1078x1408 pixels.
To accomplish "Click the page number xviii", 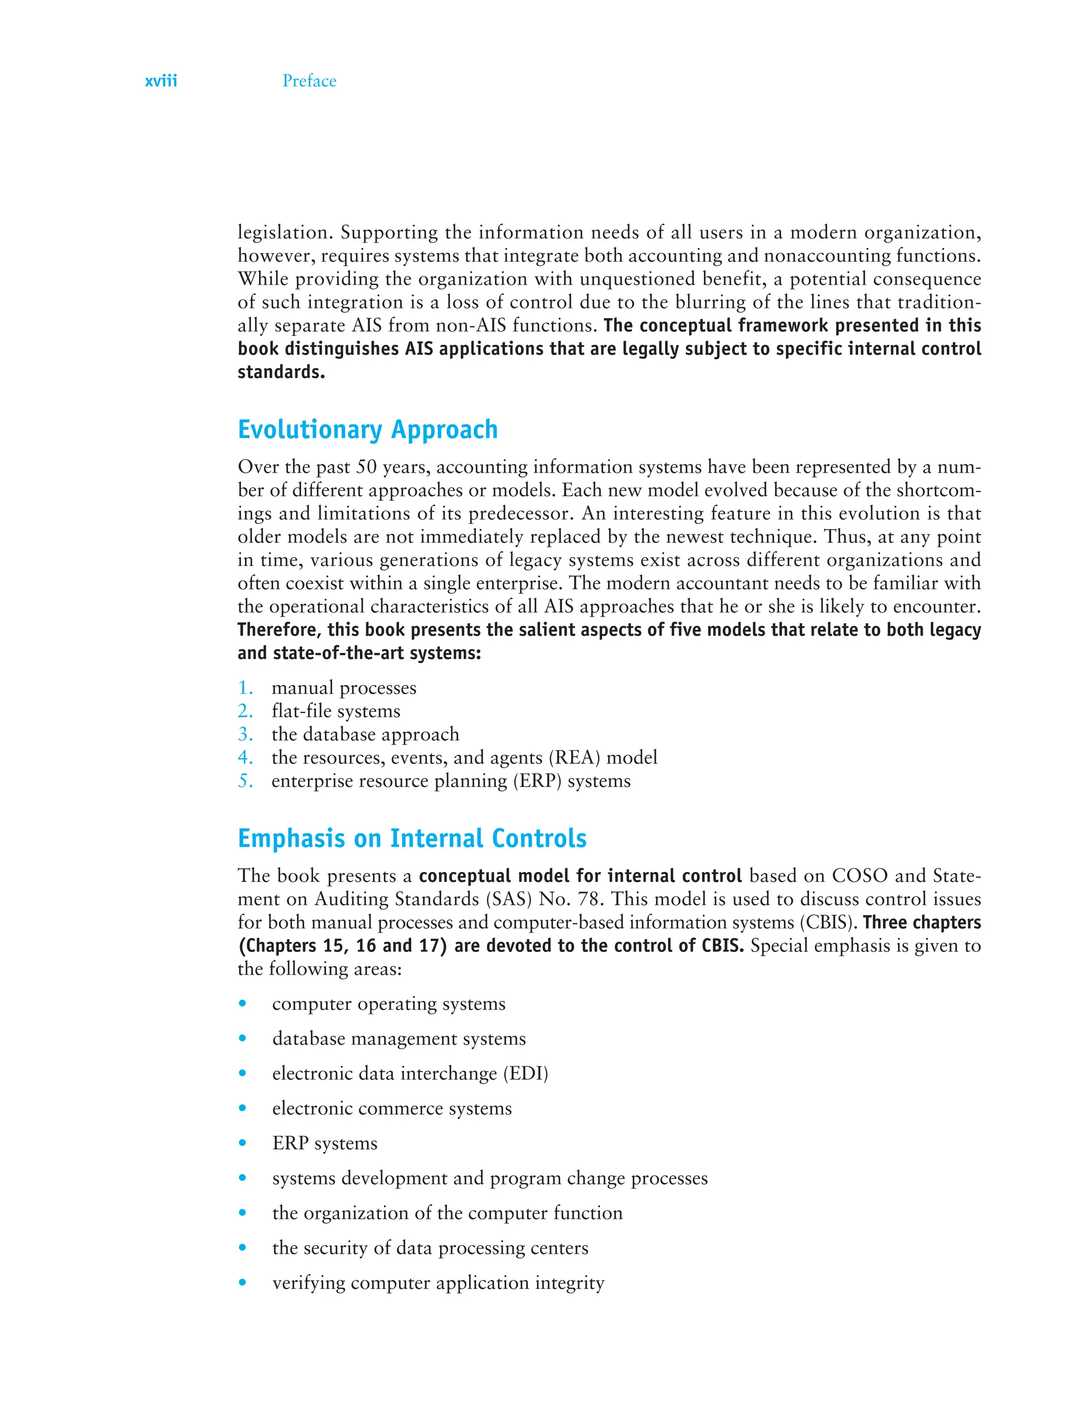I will point(161,81).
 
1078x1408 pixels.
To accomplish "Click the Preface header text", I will point(310,81).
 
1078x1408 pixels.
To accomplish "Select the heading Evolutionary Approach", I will point(368,429).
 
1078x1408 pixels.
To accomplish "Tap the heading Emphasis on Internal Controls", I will point(412,838).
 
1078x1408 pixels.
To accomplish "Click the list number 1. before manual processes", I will point(245,688).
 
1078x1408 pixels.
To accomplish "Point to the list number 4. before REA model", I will point(245,758).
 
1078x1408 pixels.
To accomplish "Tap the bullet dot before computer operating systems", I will point(243,1004).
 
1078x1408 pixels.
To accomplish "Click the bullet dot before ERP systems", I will point(243,1143).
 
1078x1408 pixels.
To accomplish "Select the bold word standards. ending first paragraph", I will point(281,372).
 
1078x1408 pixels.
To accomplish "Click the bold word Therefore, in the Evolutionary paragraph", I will point(279,630).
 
